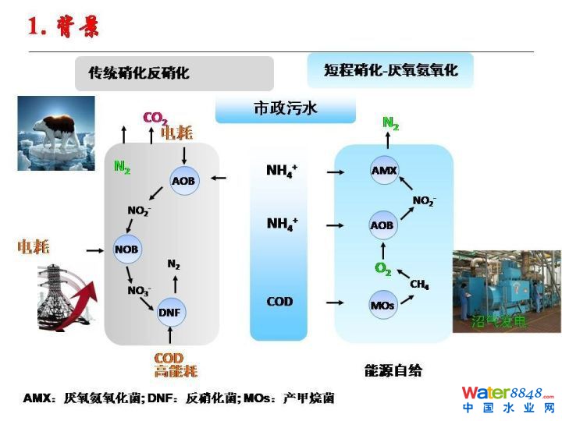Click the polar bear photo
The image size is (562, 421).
tap(56, 133)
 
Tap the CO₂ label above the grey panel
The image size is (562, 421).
tap(155, 118)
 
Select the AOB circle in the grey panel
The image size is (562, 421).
tap(184, 181)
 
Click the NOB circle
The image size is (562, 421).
tap(126, 249)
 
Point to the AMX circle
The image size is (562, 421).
tap(384, 170)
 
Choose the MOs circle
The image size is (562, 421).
tap(382, 305)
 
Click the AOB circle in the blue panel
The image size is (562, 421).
tap(382, 225)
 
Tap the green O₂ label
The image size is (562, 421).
tap(382, 270)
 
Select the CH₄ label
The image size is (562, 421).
tap(419, 285)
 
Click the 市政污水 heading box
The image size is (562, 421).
tap(286, 109)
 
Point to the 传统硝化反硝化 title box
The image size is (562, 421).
tap(175, 73)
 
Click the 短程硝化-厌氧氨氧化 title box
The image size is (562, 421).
tap(390, 70)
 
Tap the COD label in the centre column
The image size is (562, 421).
tap(279, 302)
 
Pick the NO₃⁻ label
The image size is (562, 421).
tap(140, 290)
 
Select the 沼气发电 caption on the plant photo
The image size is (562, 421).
tap(499, 320)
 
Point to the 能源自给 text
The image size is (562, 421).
tap(393, 370)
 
